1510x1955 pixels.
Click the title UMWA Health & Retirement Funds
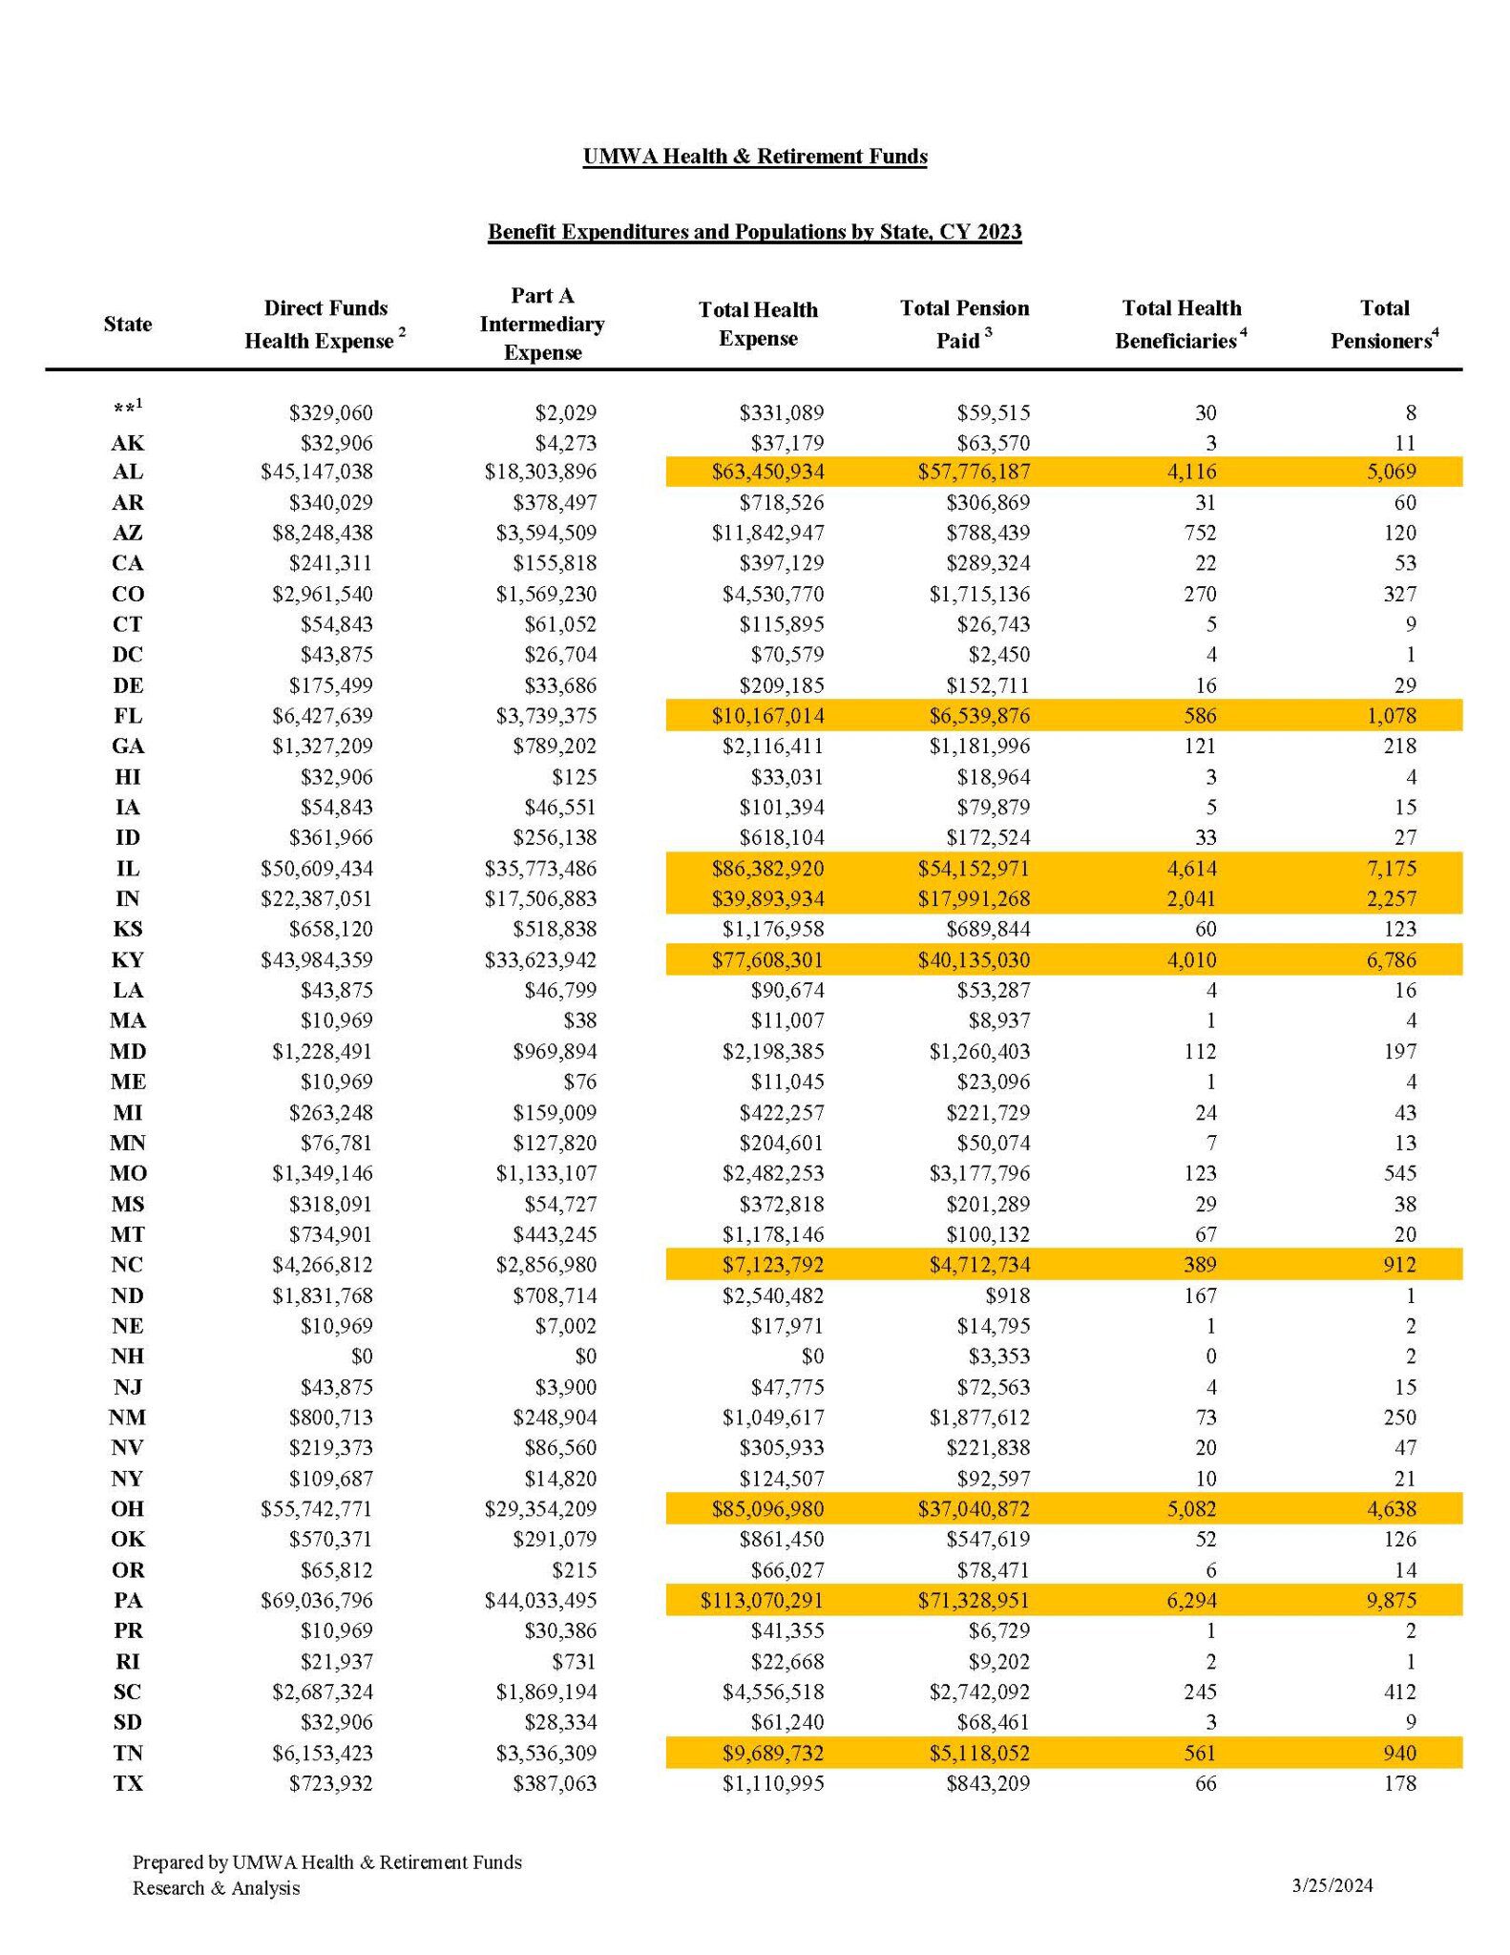755,157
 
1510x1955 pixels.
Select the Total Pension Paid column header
964,324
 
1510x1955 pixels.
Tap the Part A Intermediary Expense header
542,324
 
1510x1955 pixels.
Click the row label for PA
128,1600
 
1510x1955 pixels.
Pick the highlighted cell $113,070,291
761,1600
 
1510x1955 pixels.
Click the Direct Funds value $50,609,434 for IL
317,869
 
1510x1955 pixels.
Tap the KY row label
128,960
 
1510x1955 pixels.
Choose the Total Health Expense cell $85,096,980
767,1509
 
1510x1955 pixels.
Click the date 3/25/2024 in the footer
1332,1885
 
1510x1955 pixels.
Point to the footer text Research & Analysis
216,1888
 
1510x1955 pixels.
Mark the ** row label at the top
127,409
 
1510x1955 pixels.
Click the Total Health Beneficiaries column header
1181,324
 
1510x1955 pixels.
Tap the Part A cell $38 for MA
579,1021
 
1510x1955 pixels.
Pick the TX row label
128,1783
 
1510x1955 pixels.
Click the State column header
128,324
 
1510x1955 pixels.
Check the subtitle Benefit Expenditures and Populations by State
754,232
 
